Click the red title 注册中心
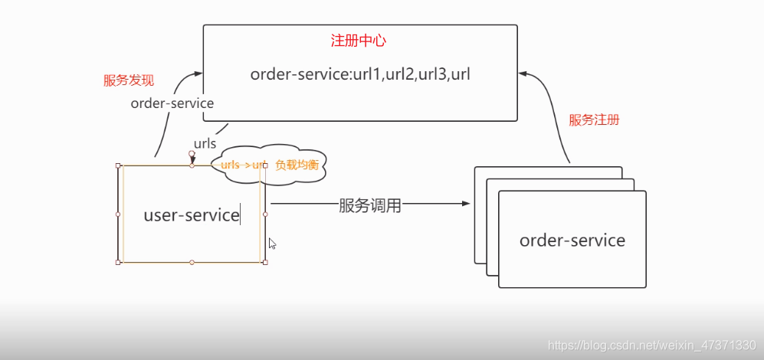(359, 41)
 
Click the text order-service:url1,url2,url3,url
(359, 74)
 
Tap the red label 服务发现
(129, 80)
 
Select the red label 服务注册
(594, 120)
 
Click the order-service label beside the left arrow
(172, 103)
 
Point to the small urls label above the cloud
(205, 143)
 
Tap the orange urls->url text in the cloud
(242, 165)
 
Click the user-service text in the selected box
(192, 215)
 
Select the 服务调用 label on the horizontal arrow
(370, 205)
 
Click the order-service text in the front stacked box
(572, 241)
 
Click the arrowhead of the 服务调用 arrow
(465, 204)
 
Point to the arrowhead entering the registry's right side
(523, 74)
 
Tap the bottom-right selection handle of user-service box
(265, 262)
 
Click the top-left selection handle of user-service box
(118, 165)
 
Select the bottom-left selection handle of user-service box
(118, 262)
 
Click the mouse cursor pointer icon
(272, 244)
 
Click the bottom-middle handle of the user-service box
(192, 262)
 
